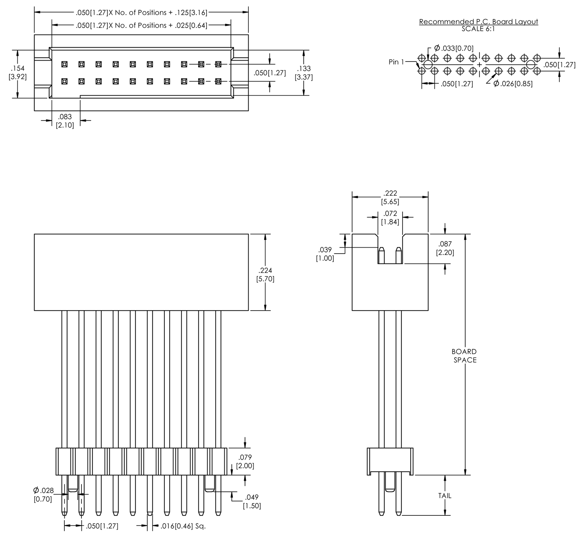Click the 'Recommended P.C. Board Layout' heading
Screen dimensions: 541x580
[x=478, y=22]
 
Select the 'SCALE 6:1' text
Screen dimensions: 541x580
[x=478, y=29]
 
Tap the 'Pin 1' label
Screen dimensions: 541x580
[x=396, y=62]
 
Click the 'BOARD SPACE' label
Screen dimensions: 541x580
[x=464, y=355]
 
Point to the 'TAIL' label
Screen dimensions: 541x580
[x=444, y=495]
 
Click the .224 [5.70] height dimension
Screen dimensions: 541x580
[x=265, y=275]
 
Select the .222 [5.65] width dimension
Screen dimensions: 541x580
[x=390, y=197]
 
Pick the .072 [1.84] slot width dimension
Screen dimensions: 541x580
[x=390, y=218]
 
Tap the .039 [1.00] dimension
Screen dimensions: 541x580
[x=325, y=254]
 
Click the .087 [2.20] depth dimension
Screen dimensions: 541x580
[x=445, y=248]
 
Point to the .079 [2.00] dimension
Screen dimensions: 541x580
[x=245, y=462]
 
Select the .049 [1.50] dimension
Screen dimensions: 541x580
[x=252, y=502]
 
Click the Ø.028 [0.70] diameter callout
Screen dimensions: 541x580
[x=43, y=494]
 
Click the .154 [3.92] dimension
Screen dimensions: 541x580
[x=18, y=72]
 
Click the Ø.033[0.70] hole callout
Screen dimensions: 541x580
[x=454, y=48]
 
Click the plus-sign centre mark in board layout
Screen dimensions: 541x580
[x=479, y=65]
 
